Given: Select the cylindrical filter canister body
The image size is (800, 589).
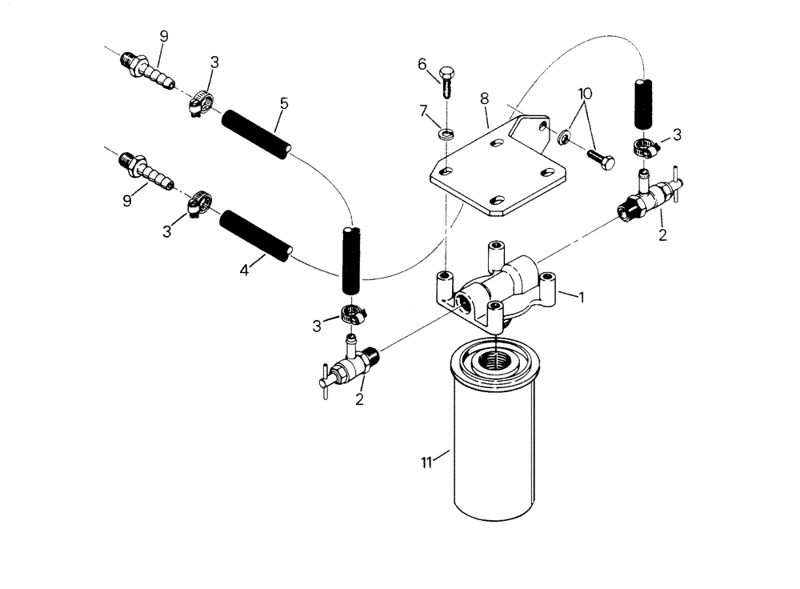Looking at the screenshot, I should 496,448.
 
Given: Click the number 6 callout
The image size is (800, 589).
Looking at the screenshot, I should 422,64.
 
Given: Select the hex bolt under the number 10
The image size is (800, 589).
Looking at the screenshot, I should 600,158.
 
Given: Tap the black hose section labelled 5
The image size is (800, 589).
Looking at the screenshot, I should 255,134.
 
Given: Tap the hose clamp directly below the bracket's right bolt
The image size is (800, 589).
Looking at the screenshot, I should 644,146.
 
